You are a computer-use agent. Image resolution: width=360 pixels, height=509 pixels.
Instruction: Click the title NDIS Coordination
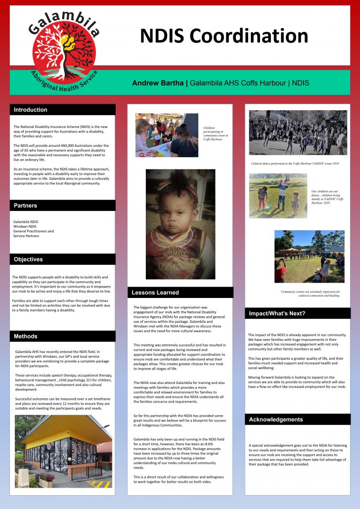[224, 36]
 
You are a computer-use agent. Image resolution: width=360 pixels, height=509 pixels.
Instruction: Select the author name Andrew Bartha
[158, 83]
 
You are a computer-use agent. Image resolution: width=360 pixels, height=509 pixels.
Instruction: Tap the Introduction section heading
[31, 110]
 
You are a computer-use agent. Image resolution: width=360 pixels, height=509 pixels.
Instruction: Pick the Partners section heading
[25, 206]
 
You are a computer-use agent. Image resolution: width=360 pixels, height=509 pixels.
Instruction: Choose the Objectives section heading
[28, 259]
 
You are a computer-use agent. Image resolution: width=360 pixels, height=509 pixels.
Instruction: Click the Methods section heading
[26, 336]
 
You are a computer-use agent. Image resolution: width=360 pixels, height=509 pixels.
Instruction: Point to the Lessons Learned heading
[155, 293]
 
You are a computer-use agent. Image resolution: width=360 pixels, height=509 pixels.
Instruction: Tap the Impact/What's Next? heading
[276, 313]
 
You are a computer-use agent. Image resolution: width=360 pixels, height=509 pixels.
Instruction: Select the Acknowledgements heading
[276, 420]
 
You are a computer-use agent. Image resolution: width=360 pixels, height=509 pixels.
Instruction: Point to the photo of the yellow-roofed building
[63, 451]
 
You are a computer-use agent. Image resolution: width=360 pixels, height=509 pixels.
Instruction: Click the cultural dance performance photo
[298, 132]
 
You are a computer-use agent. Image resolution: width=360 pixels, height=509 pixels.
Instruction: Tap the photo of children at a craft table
[167, 135]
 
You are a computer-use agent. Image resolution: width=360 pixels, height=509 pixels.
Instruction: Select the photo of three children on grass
[278, 195]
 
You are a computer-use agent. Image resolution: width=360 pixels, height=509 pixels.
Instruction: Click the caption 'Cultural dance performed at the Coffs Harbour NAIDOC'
[295, 163]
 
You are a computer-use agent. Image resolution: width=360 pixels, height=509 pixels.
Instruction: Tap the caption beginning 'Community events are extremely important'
[310, 294]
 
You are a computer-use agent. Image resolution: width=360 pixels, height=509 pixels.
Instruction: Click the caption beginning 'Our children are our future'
[324, 197]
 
